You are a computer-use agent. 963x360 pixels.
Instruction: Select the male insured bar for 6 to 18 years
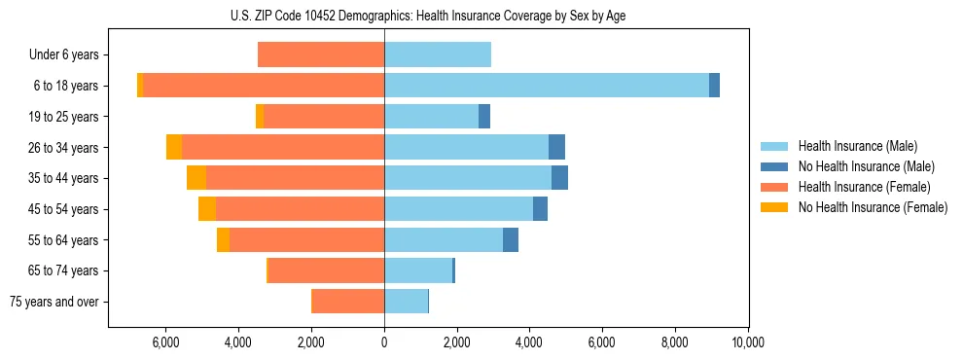[x=547, y=86]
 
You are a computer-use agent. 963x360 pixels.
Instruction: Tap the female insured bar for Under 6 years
[x=321, y=54]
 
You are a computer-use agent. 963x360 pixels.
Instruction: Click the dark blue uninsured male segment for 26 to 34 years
[x=556, y=147]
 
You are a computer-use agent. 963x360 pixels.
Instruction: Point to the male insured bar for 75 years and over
[x=406, y=302]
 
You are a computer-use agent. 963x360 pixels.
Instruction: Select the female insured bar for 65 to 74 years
[x=326, y=270]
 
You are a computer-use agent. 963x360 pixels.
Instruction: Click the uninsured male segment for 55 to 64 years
[x=511, y=239]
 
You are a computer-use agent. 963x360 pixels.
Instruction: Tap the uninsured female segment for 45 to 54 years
[x=207, y=209]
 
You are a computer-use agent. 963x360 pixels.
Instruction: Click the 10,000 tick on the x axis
[x=747, y=342]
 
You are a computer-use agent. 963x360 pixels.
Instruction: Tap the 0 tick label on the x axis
[x=384, y=342]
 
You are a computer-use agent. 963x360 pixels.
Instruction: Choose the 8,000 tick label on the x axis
[x=674, y=342]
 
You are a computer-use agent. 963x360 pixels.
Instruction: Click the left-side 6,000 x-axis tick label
[x=166, y=342]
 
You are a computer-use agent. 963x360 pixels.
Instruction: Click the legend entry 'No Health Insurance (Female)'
[x=872, y=207]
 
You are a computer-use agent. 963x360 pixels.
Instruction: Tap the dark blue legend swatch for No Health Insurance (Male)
[x=774, y=166]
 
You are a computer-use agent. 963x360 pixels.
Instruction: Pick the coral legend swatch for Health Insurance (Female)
[x=774, y=187]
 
